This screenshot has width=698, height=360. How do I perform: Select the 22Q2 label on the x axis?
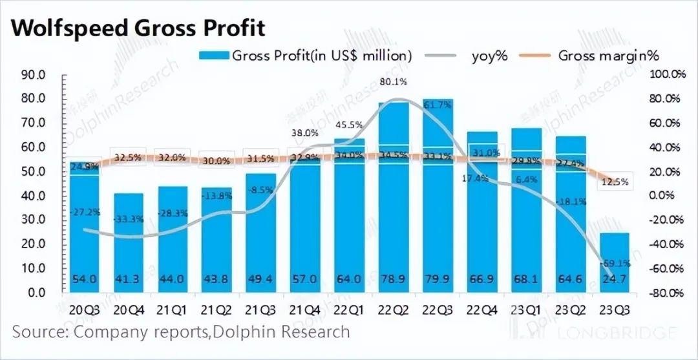[x=394, y=310]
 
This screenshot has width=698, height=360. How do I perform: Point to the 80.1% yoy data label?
[x=393, y=82]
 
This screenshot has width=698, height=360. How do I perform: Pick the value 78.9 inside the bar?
[x=393, y=279]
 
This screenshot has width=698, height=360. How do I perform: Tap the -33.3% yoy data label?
[x=128, y=219]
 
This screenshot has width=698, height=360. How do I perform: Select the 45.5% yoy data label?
[x=348, y=124]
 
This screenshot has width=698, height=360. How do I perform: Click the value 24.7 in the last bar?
[x=615, y=279]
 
